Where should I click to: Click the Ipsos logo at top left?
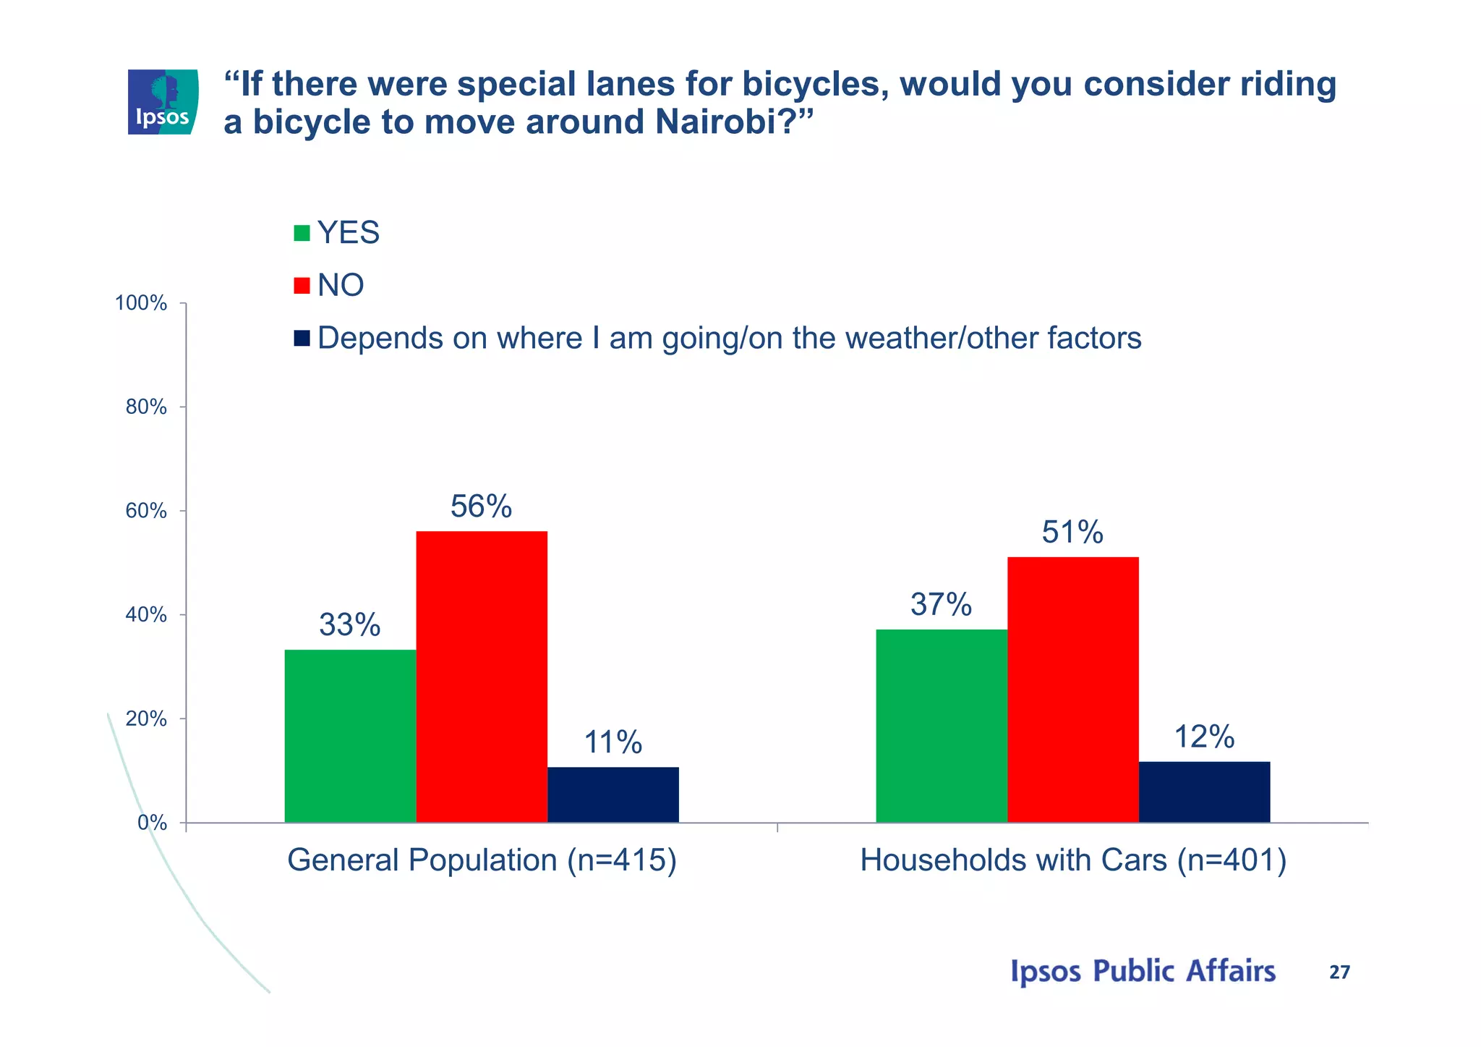[163, 102]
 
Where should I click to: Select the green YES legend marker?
[302, 233]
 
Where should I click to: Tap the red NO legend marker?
[302, 285]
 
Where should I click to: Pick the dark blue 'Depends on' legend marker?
[302, 338]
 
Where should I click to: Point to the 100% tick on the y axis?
[142, 303]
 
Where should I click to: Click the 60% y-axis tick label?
[146, 511]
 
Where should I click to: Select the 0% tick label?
[152, 823]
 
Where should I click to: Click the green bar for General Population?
[350, 736]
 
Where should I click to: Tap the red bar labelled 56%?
[482, 677]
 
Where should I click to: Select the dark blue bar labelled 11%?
[613, 794]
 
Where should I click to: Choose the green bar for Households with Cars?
[942, 726]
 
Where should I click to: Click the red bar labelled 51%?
[1072, 690]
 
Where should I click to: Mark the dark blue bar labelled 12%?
[1204, 792]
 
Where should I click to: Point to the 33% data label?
[350, 625]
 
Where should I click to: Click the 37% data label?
[941, 604]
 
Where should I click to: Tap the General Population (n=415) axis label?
[482, 860]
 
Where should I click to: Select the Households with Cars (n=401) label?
[1073, 860]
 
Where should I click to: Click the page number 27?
[1339, 972]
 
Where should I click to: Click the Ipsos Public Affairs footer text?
[1143, 971]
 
